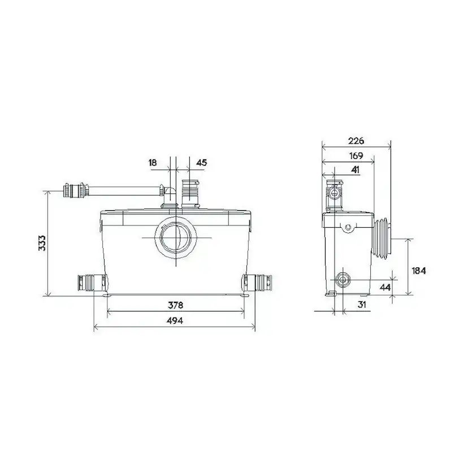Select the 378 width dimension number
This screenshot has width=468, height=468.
click(176, 305)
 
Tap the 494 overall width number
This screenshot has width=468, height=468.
click(176, 320)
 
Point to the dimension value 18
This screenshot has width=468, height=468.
click(153, 162)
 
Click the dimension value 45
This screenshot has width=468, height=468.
click(201, 162)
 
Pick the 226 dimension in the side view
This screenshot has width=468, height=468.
click(356, 140)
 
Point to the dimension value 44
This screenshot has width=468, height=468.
click(385, 287)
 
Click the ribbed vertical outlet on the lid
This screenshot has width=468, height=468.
click(191, 194)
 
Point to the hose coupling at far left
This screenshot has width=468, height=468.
click(75, 190)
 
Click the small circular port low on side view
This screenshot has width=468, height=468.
click(342, 280)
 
